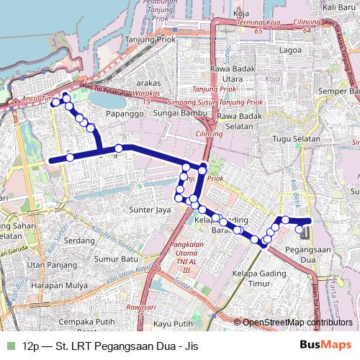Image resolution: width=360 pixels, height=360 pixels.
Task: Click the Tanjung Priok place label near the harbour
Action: [150, 39]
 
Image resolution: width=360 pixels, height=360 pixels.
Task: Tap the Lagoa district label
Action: [291, 50]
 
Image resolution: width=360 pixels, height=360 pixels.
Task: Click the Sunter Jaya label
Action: [148, 210]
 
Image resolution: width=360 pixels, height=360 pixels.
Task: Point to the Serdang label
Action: [80, 240]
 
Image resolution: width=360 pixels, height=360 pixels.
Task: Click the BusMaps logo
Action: [325, 345]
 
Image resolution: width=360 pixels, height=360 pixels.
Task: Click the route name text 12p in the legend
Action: [30, 345]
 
